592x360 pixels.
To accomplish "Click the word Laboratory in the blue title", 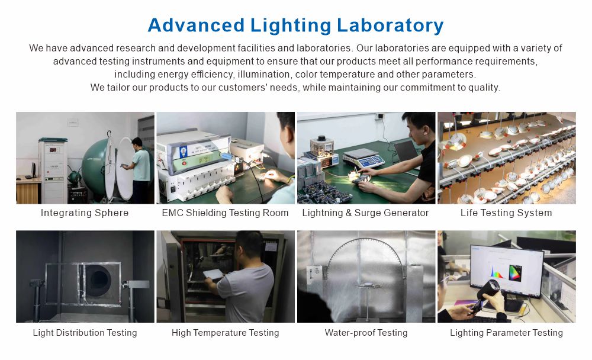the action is [390, 25].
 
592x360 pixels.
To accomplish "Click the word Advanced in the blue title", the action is [196, 25].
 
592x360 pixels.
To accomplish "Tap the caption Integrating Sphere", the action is [85, 213].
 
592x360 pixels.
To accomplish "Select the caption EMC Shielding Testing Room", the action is [225, 213].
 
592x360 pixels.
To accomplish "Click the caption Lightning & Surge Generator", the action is [365, 213].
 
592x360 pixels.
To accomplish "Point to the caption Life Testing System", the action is [506, 213].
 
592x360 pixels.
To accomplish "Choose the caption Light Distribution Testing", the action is [85, 333].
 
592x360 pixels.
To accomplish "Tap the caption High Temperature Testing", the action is [226, 333].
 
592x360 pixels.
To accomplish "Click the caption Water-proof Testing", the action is [366, 333].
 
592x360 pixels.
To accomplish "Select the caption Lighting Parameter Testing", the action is [506, 333].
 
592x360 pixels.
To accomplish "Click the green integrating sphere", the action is [94, 166].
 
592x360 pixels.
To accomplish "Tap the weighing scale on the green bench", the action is [363, 157].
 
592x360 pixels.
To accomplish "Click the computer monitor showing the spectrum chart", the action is [506, 270].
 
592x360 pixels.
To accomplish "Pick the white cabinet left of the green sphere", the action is [53, 171].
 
